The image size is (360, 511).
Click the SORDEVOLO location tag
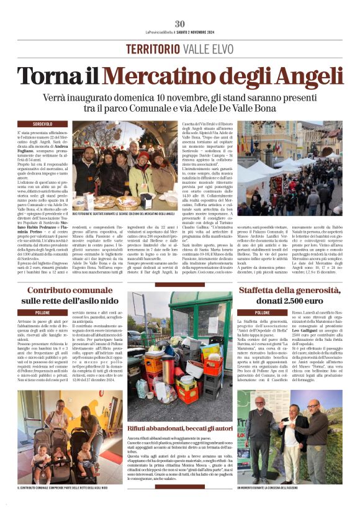tap(42, 125)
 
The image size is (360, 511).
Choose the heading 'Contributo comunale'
tap(70, 290)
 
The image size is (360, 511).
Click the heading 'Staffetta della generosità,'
tap(289, 290)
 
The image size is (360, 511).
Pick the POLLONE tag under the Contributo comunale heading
tap(42, 312)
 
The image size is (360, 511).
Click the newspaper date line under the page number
tap(180, 32)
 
